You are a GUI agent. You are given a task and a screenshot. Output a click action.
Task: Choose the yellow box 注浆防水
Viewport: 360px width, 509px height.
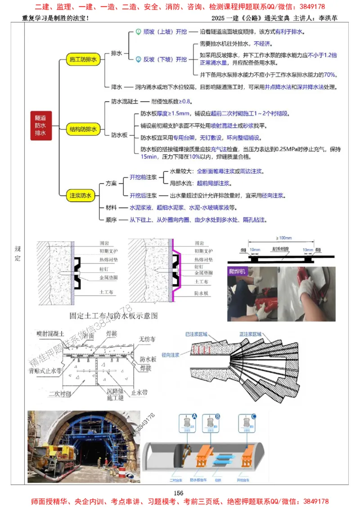[x=81, y=196]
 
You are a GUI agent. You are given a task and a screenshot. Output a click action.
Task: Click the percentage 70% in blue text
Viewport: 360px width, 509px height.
[x=330, y=75]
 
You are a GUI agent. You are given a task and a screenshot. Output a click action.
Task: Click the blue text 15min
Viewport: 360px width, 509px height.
[x=148, y=157]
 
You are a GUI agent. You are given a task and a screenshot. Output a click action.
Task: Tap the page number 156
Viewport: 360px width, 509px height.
[x=180, y=492]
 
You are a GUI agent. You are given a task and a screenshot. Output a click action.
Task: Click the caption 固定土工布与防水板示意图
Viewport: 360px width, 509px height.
[x=114, y=316]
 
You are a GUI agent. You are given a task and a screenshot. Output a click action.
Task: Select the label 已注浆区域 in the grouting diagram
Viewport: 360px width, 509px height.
[x=197, y=335]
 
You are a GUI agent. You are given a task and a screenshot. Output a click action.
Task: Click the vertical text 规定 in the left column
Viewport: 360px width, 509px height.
[x=17, y=253]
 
